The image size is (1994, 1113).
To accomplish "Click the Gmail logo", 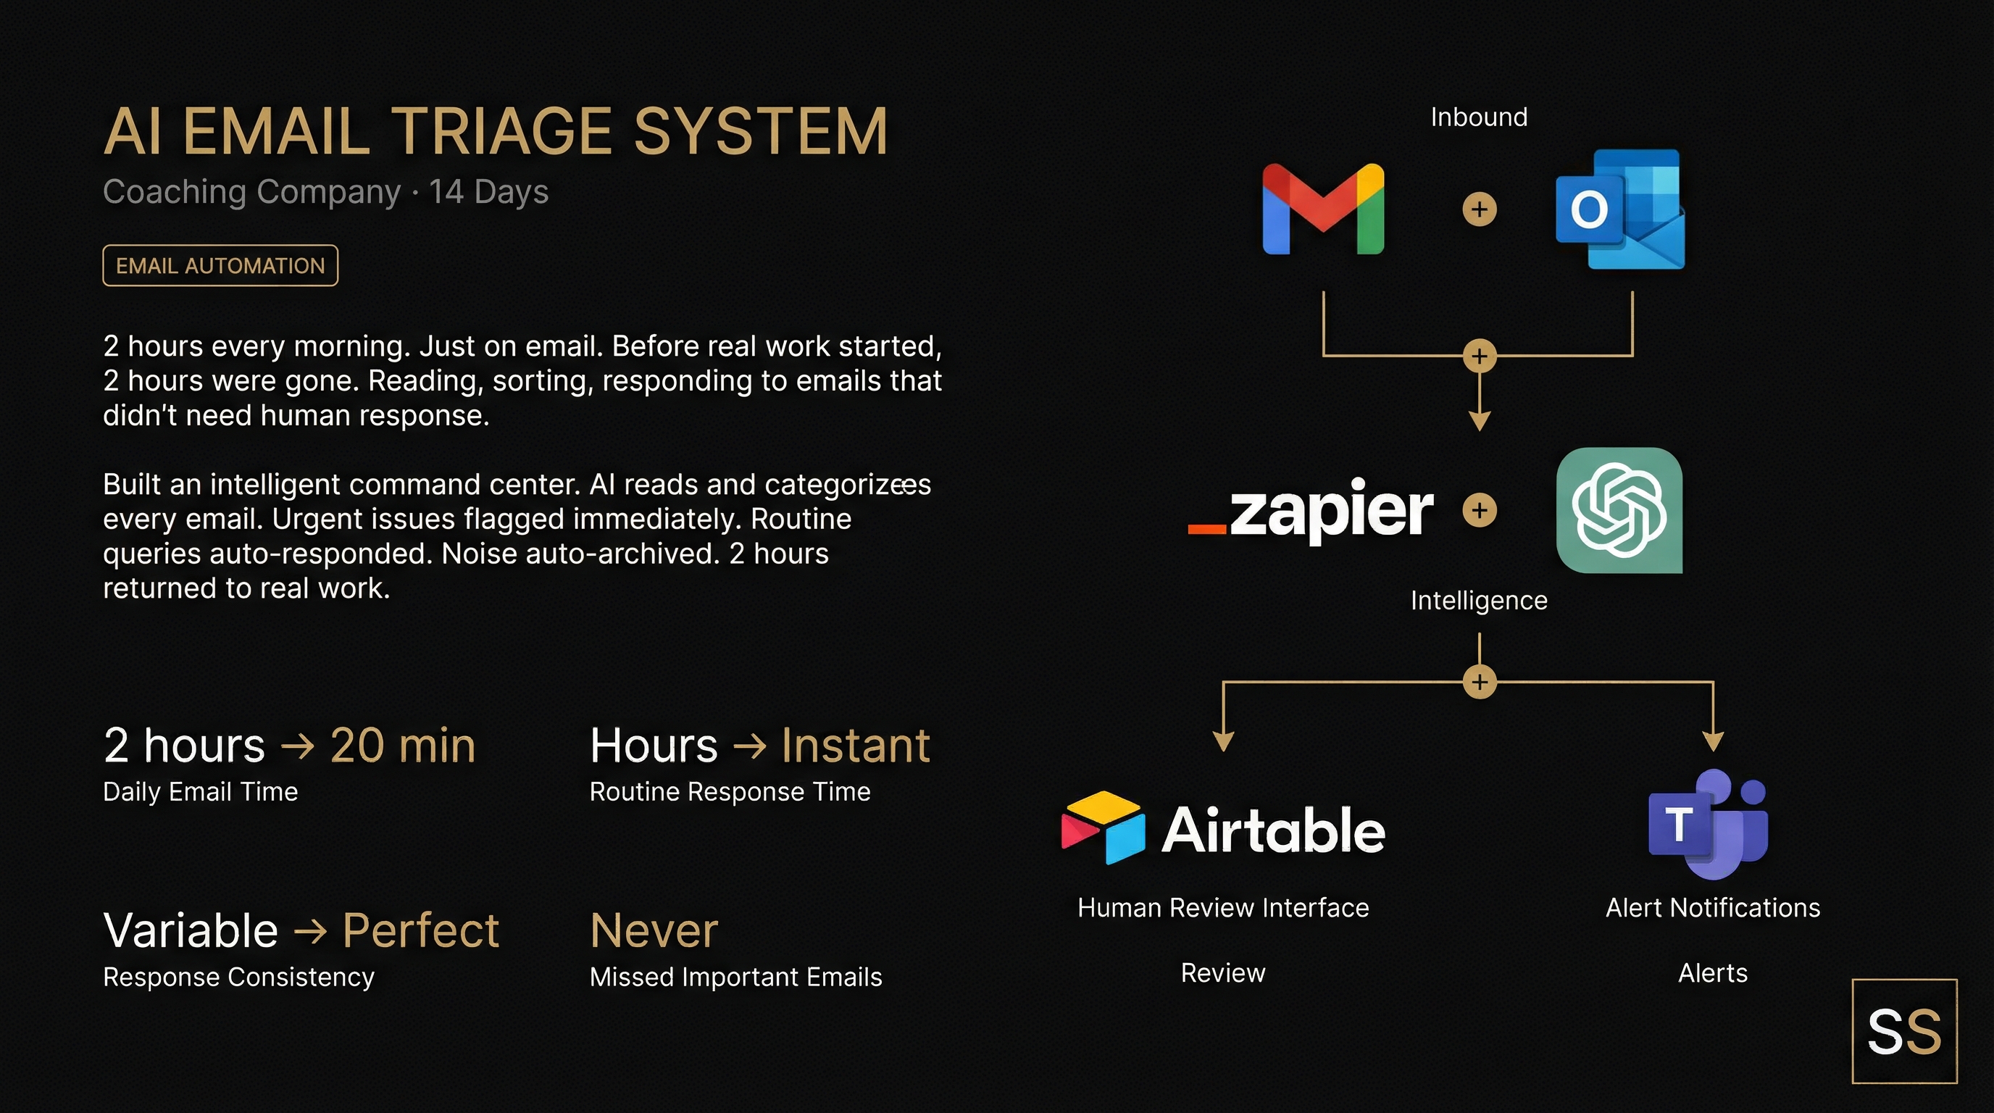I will (1323, 208).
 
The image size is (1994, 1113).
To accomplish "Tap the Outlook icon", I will (1619, 209).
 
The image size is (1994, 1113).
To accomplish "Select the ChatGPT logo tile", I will (1619, 510).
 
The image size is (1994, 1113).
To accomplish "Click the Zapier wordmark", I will (1312, 510).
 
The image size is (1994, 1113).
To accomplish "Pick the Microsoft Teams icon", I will (1709, 824).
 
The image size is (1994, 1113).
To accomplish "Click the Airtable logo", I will (1223, 829).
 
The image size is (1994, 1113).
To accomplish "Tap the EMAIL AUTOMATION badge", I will (220, 265).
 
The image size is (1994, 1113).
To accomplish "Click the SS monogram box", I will (1903, 1031).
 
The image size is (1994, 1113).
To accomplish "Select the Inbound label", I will (1478, 117).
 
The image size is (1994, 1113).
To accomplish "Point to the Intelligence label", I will (1478, 601).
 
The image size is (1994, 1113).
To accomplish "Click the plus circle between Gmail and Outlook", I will (1480, 209).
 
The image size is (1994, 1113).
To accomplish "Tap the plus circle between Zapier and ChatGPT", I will (1480, 510).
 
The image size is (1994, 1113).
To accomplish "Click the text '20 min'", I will (403, 746).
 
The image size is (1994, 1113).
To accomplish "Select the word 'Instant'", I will (854, 746).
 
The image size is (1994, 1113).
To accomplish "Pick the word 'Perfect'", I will (420, 930).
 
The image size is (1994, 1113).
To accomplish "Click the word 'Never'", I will (654, 930).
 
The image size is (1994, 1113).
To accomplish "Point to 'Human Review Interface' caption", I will (1223, 907).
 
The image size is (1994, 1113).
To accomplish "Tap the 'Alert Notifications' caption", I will (1712, 907).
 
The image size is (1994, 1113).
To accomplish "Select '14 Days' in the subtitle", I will (488, 191).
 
